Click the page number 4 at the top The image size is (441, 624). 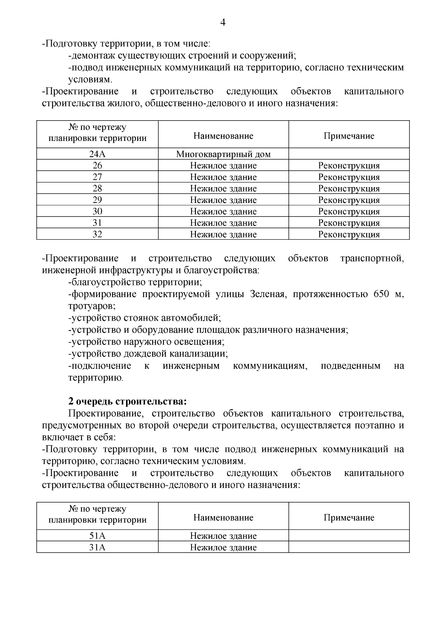point(223,23)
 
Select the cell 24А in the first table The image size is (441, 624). point(97,154)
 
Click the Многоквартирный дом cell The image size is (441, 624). point(223,154)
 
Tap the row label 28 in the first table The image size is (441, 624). point(97,189)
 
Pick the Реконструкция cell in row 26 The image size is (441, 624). point(349,165)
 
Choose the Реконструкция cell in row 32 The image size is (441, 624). point(349,234)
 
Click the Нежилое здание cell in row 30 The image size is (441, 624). point(223,211)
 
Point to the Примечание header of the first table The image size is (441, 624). point(349,136)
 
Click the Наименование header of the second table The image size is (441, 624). point(223,517)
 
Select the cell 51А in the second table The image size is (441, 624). point(97,536)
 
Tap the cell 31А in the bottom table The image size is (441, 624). point(97,547)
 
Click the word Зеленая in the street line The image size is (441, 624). point(267,294)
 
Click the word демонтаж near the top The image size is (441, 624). point(89,56)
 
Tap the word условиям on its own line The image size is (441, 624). point(90,79)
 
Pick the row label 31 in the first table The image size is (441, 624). point(97,223)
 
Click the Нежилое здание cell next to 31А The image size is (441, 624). point(223,547)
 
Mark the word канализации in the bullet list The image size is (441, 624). point(201,354)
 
